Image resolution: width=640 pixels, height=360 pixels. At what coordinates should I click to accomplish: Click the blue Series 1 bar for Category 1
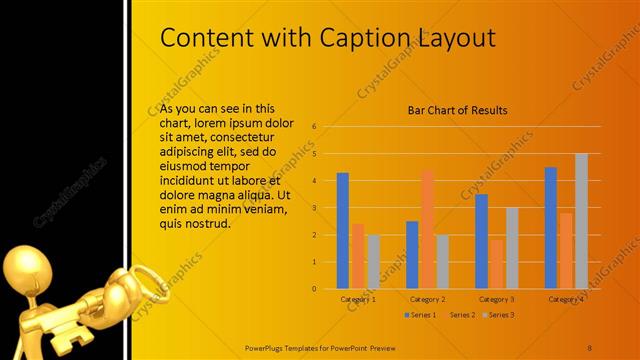[x=343, y=231]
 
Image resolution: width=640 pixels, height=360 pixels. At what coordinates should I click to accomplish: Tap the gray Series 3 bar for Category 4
[x=581, y=221]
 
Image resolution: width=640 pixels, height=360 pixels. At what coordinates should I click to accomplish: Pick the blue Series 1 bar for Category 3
[x=481, y=241]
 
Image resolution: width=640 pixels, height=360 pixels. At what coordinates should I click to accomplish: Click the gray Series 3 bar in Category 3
[x=512, y=248]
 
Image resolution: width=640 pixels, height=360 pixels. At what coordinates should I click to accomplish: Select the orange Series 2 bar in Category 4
[x=566, y=251]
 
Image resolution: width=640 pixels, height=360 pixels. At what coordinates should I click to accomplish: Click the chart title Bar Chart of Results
[x=457, y=110]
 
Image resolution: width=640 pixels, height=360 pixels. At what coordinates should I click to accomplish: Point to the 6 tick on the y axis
[x=314, y=127]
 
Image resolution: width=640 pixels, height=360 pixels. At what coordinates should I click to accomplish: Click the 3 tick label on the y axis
[x=314, y=208]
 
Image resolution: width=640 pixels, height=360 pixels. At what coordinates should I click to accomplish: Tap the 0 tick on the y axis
[x=314, y=289]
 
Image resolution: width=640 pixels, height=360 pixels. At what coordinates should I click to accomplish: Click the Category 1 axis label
[x=358, y=299]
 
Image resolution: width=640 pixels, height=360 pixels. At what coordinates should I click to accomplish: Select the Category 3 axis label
[x=497, y=299]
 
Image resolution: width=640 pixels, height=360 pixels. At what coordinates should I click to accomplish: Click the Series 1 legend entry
[x=421, y=315]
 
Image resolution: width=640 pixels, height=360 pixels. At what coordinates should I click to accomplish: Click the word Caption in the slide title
[x=362, y=38]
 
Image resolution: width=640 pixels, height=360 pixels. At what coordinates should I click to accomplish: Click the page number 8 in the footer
[x=590, y=346]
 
